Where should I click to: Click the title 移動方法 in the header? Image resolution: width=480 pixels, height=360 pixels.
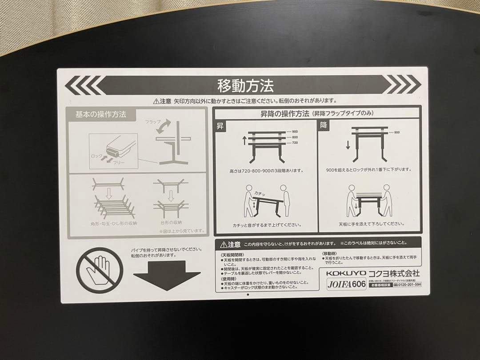coord(245,85)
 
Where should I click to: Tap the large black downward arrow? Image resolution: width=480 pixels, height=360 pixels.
coord(167,275)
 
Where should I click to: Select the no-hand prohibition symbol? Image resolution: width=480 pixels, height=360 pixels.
coord(100,270)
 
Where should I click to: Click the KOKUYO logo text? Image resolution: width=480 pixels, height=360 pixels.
coord(346,272)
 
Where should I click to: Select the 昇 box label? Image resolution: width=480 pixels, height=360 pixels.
coord(220,126)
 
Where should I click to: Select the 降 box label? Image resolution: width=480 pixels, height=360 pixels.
coord(324,126)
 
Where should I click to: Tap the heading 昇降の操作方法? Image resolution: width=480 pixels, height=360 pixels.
coord(284,114)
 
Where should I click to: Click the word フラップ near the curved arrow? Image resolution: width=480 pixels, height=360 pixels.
coord(153,121)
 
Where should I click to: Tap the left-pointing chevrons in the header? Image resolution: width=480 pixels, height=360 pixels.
coord(84,84)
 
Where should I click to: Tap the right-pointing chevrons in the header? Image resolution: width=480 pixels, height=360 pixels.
coord(402,84)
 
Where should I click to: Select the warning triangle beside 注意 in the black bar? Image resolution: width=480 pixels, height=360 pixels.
coord(223,244)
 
